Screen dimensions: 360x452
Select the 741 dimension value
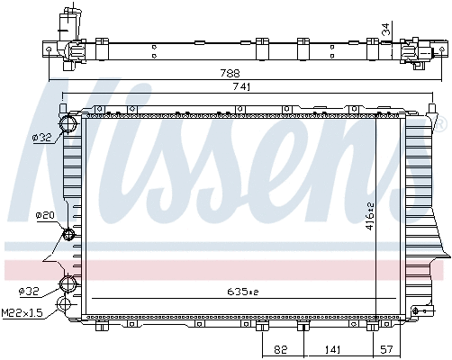(x=240, y=87)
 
